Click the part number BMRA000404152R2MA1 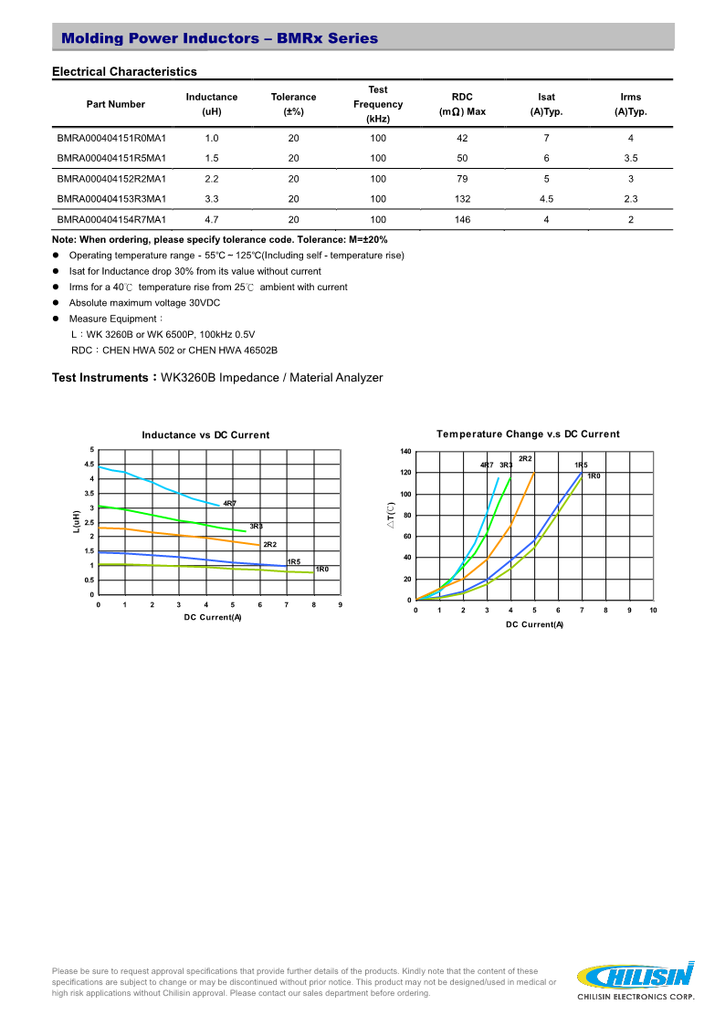click(111, 179)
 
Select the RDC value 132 click(462, 199)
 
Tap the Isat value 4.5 click(546, 199)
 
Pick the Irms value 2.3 click(630, 199)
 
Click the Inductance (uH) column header click(212, 104)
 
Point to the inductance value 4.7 click(212, 220)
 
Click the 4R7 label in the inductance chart click(229, 504)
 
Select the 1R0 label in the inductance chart click(321, 570)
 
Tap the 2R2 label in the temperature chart click(525, 458)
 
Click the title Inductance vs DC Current click(205, 435)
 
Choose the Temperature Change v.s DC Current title click(528, 434)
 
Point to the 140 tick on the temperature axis click(406, 451)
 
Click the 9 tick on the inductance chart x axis click(340, 604)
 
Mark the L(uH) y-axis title click(77, 522)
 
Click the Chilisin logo click(637, 978)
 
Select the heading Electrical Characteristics click(124, 71)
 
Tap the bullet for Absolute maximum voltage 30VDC click(57, 303)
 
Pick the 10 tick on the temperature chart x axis click(653, 610)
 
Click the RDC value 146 click(462, 220)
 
